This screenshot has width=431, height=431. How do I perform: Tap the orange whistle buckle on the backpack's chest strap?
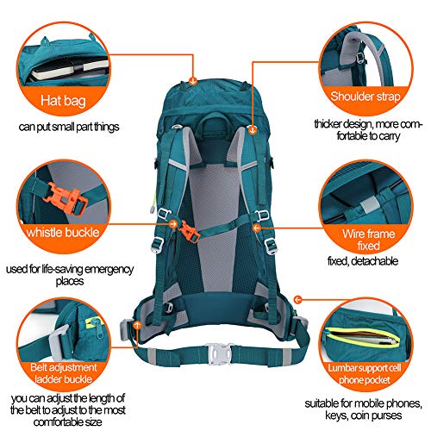[x=188, y=231]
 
